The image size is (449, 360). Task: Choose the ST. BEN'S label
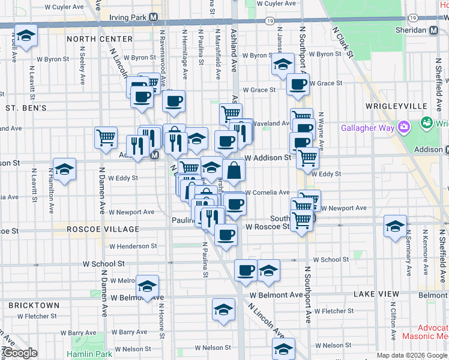click(x=26, y=108)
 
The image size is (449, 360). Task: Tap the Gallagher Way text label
click(x=367, y=127)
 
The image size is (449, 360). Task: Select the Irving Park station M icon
click(x=154, y=18)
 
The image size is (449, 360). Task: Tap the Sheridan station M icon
click(x=433, y=29)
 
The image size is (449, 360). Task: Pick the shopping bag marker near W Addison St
click(x=234, y=170)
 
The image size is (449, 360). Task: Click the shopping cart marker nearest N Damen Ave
click(x=106, y=137)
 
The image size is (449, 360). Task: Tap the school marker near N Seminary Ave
click(x=395, y=226)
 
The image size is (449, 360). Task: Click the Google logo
click(x=20, y=353)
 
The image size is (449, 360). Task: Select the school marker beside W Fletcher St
click(x=223, y=310)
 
